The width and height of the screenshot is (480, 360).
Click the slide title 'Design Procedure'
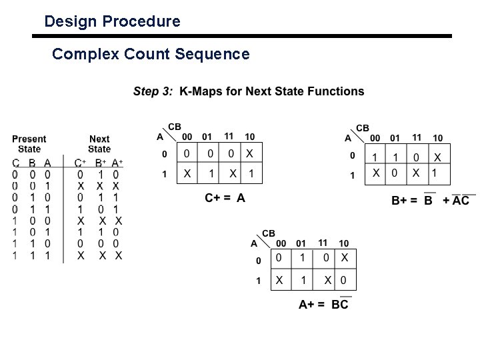[112, 21]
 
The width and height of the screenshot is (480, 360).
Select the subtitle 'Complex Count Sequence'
[151, 54]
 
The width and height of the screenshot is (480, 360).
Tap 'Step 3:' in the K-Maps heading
[153, 91]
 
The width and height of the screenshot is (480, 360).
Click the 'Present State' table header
[29, 144]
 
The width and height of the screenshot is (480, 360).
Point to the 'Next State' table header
[99, 144]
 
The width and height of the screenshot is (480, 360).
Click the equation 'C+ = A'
[225, 197]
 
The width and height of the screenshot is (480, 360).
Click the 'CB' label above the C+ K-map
[174, 127]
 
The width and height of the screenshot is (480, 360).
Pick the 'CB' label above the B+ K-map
[363, 127]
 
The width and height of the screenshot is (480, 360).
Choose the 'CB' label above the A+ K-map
[268, 233]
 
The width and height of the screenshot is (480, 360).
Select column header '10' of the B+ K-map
[437, 138]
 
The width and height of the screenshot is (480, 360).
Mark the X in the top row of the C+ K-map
[249, 153]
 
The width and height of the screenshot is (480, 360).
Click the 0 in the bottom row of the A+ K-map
[344, 280]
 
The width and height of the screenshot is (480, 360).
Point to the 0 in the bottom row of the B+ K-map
[394, 173]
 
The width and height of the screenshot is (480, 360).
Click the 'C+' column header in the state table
[80, 163]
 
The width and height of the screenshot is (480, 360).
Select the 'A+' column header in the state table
[117, 163]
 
